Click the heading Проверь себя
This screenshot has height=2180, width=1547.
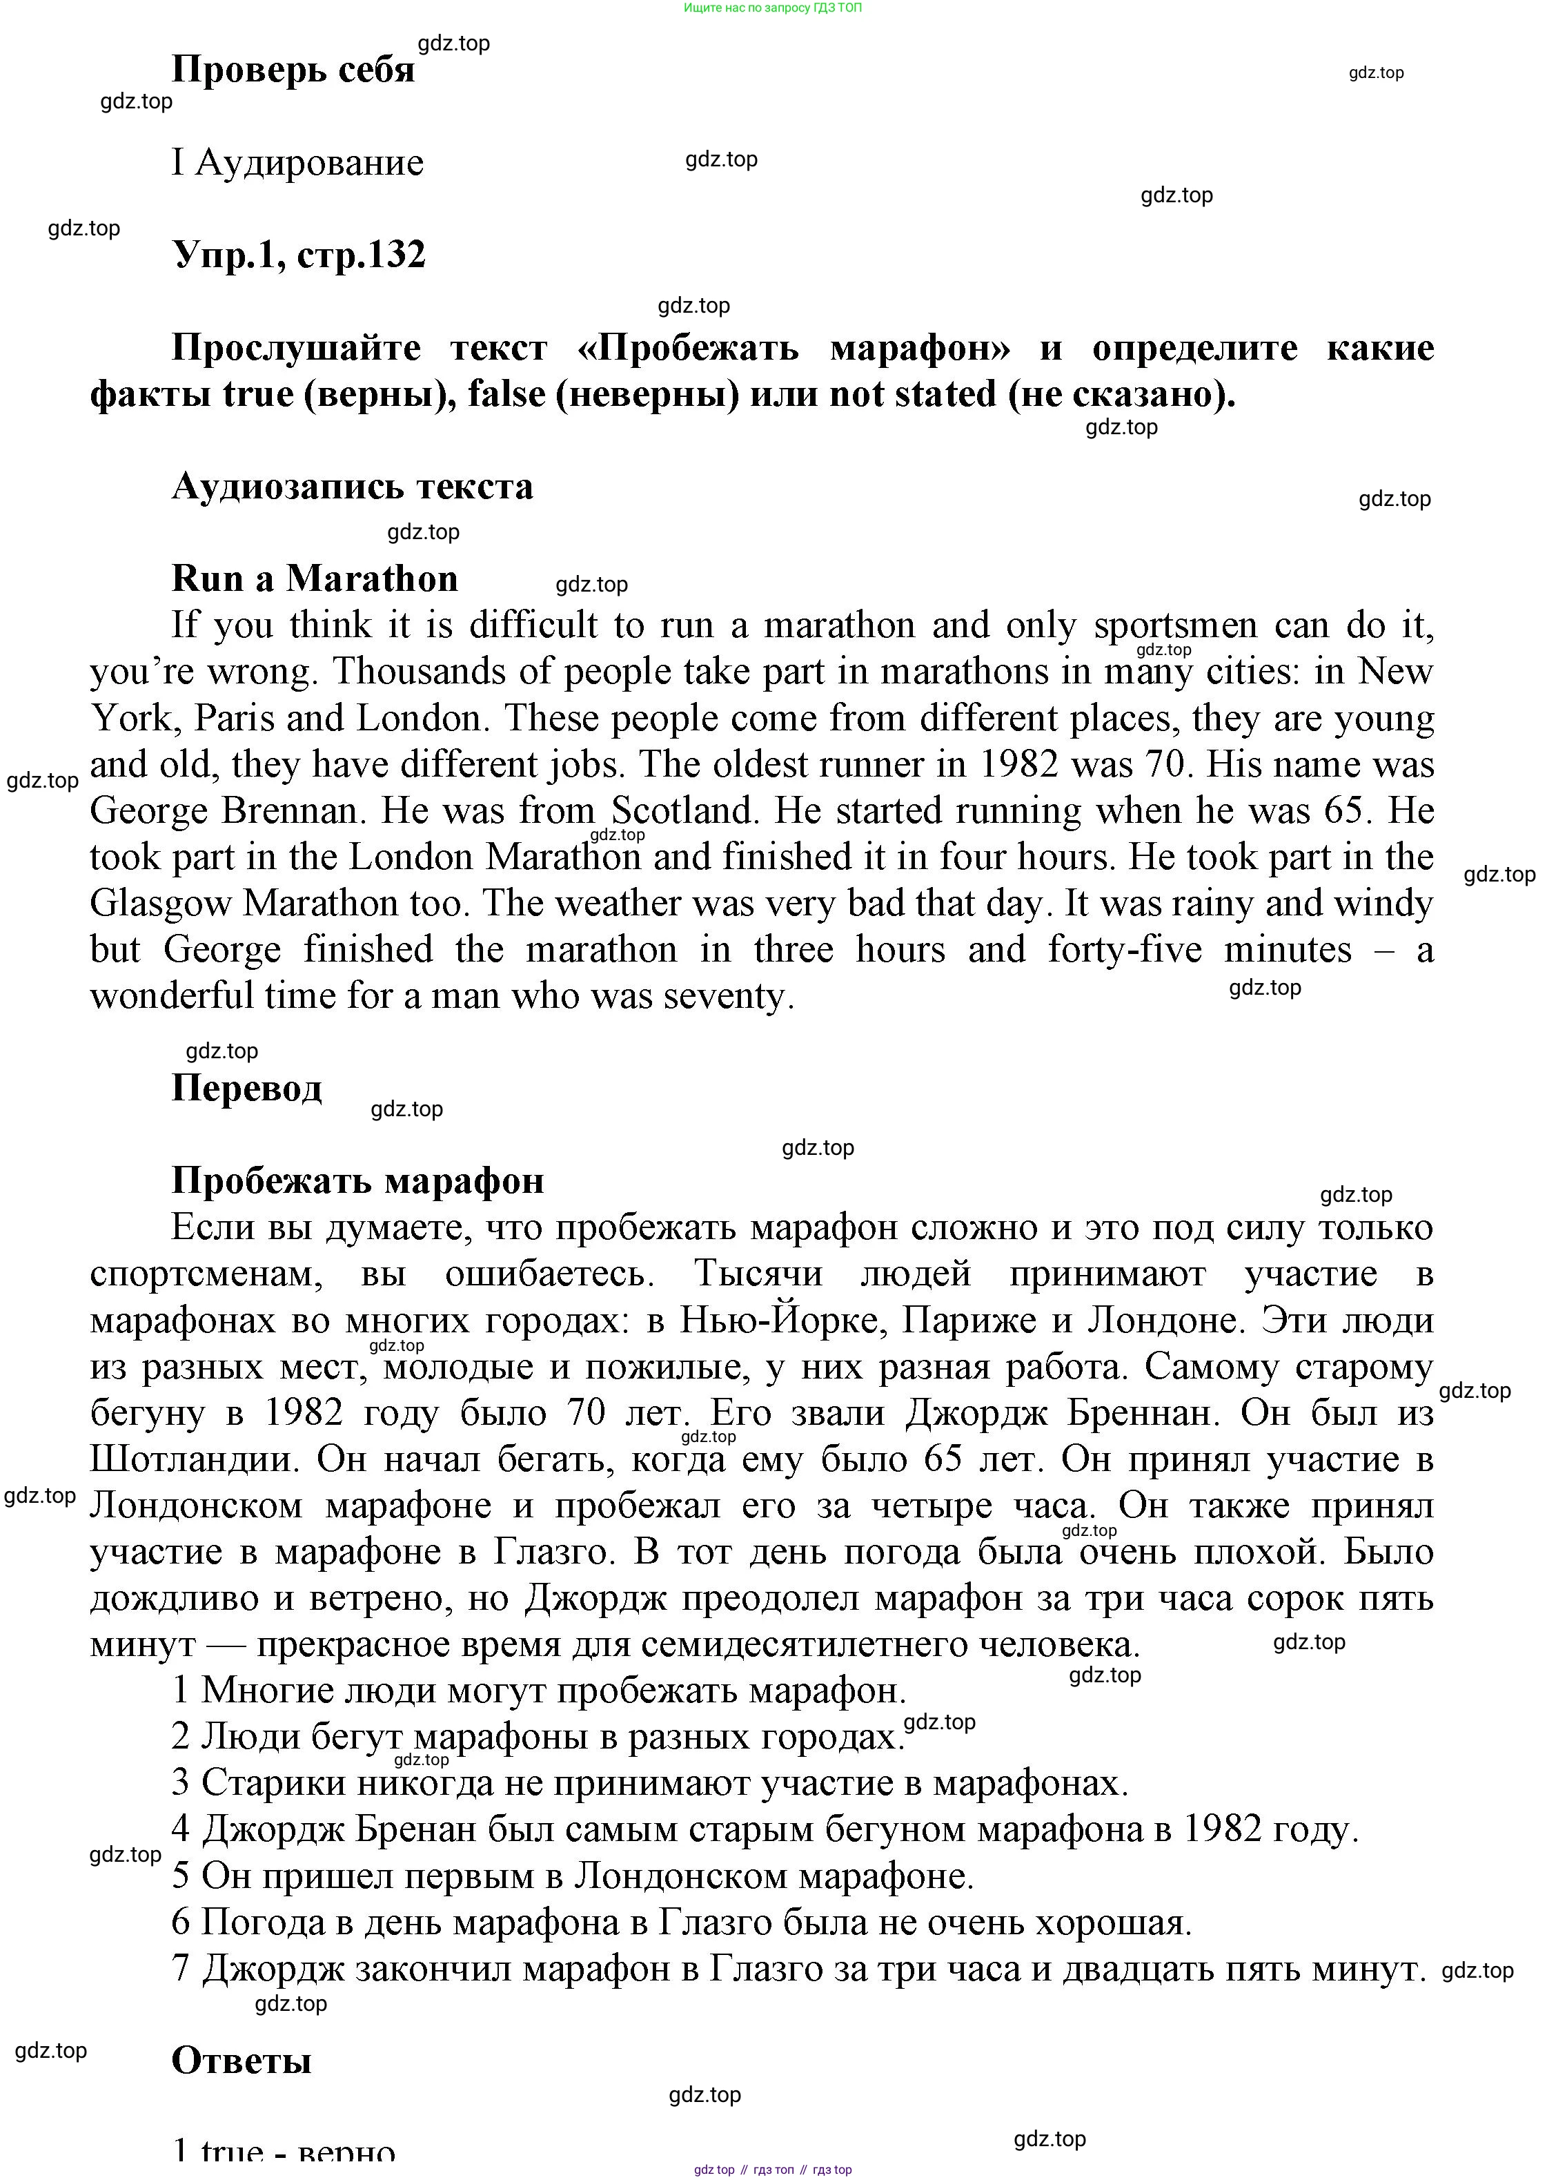pyautogui.click(x=293, y=70)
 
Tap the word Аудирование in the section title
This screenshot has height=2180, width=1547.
pyautogui.click(x=310, y=163)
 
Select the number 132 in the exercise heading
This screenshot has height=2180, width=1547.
pyautogui.click(x=393, y=255)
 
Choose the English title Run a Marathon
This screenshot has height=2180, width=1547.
pyautogui.click(x=315, y=578)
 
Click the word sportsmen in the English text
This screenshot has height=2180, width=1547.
pyautogui.click(x=1176, y=626)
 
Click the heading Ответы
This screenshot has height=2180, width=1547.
pyautogui.click(x=241, y=2060)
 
